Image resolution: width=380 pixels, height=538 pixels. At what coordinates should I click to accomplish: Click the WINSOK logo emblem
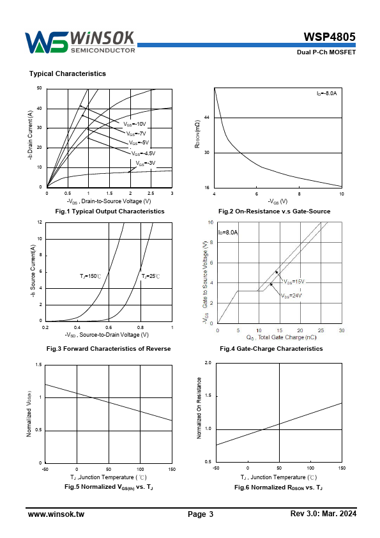tap(46, 42)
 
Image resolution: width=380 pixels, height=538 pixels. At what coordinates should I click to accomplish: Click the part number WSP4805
tap(330, 36)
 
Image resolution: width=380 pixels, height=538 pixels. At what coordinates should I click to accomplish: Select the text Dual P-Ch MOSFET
tap(326, 52)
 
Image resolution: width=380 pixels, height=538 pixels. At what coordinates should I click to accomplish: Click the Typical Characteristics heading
tap(68, 73)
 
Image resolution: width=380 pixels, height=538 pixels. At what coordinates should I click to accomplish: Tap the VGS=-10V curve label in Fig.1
tap(135, 124)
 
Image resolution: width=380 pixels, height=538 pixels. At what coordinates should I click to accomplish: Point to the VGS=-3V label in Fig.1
tap(146, 164)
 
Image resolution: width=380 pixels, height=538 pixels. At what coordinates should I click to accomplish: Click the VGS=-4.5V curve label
tap(143, 153)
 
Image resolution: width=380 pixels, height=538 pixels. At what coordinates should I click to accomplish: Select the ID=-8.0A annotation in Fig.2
tap(326, 93)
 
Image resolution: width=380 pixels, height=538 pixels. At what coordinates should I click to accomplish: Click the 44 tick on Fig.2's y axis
tap(206, 118)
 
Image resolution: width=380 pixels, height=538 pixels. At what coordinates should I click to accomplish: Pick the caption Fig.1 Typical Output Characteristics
tap(110, 211)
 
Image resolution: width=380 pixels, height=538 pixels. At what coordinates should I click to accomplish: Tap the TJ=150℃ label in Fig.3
tap(91, 276)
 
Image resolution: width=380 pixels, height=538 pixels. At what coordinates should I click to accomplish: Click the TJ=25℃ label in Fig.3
tap(151, 276)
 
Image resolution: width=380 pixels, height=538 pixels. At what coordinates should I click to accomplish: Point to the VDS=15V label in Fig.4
tap(294, 282)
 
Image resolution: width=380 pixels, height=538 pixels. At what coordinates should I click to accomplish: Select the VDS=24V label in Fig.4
tap(291, 295)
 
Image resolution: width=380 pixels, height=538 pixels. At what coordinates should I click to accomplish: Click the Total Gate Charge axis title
tap(281, 337)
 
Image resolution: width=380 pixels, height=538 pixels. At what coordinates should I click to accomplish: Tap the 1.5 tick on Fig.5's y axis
tap(38, 365)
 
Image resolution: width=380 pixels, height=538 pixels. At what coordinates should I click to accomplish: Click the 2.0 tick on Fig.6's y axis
tap(208, 363)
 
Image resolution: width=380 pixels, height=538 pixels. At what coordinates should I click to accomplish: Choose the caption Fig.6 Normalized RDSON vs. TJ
tap(278, 488)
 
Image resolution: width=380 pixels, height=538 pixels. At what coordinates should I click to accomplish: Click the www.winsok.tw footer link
tap(56, 514)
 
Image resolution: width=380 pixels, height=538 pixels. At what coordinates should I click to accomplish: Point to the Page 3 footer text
tap(201, 514)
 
